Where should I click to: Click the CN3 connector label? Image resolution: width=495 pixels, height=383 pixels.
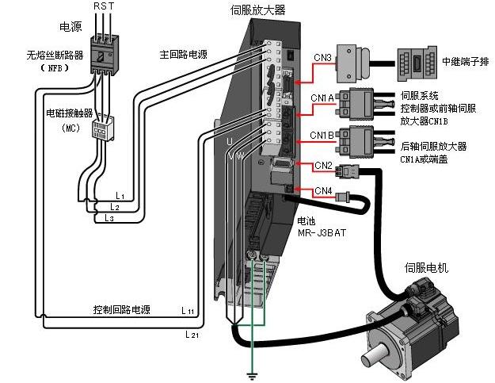click(x=300, y=58)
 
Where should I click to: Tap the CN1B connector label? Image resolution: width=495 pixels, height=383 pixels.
click(x=322, y=134)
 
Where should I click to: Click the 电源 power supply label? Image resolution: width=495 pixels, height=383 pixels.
click(x=70, y=27)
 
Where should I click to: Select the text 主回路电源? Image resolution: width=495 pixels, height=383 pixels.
click(x=184, y=56)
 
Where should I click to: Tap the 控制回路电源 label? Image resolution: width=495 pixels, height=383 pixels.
click(x=121, y=309)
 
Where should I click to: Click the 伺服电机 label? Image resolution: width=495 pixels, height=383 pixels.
click(x=426, y=268)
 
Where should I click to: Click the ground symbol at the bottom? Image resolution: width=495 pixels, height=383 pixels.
click(x=253, y=373)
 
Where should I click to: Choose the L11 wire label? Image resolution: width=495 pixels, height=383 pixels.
click(x=188, y=310)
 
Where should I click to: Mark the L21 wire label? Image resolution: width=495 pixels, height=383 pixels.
click(x=191, y=335)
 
